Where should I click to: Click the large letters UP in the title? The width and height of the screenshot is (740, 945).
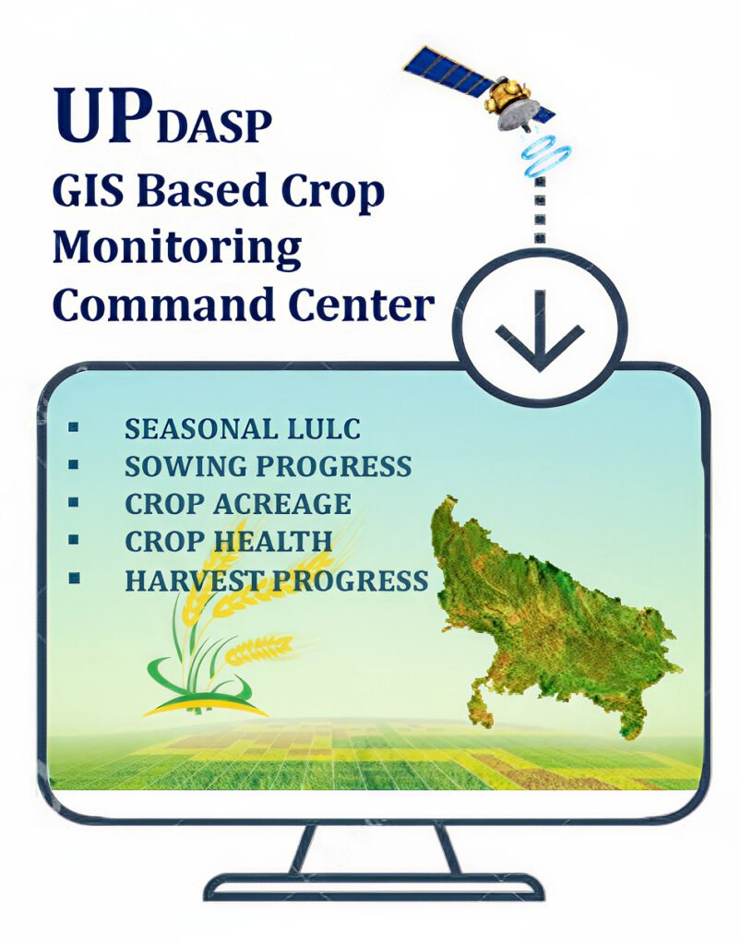click(x=102, y=115)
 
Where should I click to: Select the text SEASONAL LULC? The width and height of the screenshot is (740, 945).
click(x=242, y=429)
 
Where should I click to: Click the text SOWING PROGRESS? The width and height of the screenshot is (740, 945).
click(x=268, y=466)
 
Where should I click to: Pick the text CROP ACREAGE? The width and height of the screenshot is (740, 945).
click(x=237, y=504)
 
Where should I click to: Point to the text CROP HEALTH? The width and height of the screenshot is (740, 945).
click(x=228, y=542)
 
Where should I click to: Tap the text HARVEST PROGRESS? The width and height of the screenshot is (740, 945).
click(x=276, y=580)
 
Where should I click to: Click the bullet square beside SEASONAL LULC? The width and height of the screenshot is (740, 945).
click(x=73, y=428)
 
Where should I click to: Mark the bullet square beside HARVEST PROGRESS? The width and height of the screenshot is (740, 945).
click(x=73, y=579)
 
